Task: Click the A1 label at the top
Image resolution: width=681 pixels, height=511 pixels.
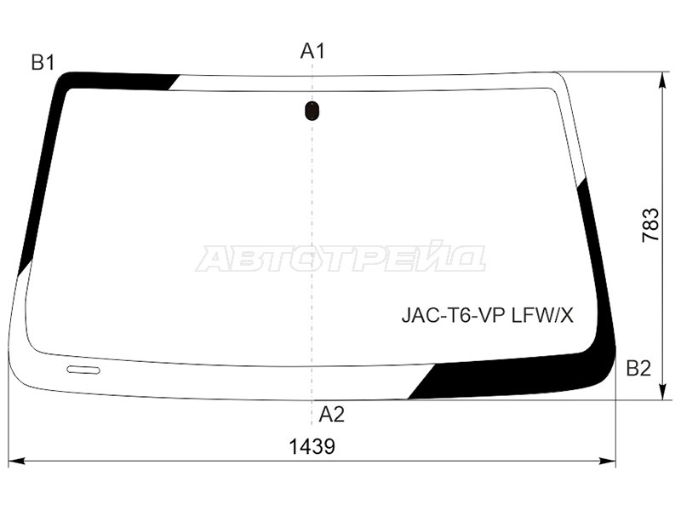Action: click(312, 51)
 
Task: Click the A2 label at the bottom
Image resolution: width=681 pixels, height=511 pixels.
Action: click(331, 415)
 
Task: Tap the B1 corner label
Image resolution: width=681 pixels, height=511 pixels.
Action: click(43, 62)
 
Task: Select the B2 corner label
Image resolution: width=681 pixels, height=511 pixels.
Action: click(638, 369)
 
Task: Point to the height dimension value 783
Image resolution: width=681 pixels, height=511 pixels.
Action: click(650, 225)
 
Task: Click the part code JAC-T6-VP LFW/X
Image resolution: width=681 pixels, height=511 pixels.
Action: click(488, 316)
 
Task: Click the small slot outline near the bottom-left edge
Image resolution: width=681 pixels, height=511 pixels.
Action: click(83, 370)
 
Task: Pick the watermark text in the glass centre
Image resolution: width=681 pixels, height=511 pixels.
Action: click(340, 258)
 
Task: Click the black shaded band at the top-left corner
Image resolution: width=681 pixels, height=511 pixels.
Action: click(119, 81)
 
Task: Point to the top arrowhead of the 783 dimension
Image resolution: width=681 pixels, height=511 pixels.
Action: click(662, 78)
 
